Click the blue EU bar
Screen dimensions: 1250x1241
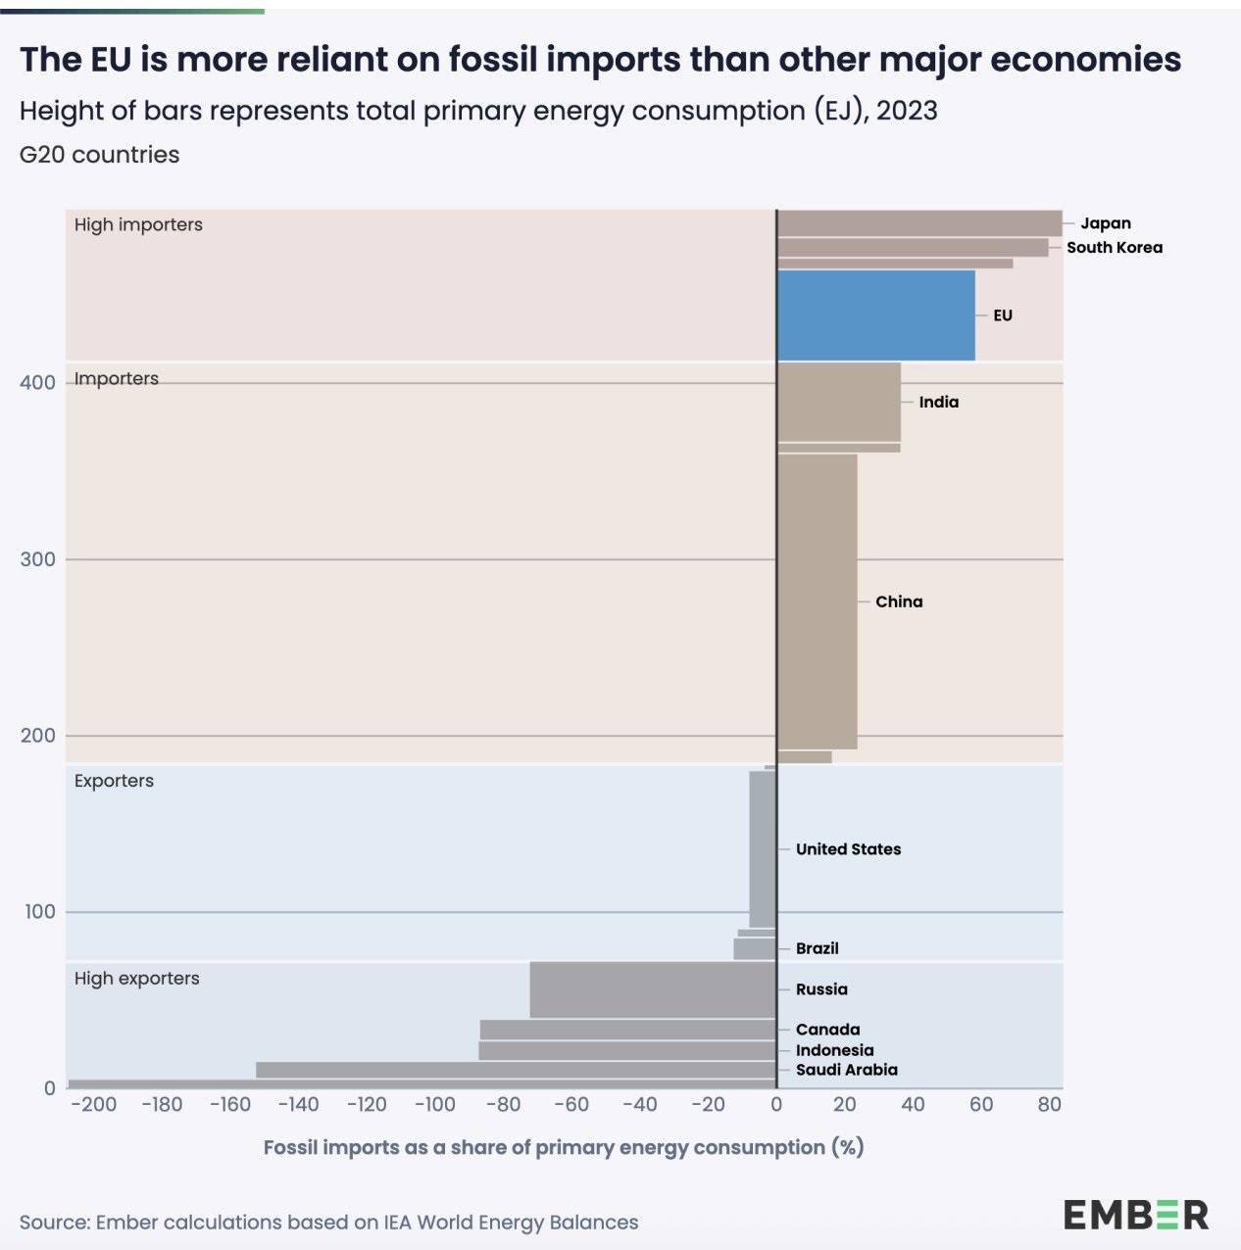click(875, 315)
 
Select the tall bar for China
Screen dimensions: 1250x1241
click(817, 601)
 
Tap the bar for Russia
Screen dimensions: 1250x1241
click(653, 989)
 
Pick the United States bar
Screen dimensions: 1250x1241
click(762, 848)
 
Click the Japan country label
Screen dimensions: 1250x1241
click(1106, 223)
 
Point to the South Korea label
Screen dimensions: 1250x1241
click(1115, 248)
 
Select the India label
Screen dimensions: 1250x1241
click(938, 402)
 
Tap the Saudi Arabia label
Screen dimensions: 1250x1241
click(846, 1070)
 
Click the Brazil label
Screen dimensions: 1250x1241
click(817, 948)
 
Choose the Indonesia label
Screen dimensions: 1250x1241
click(834, 1050)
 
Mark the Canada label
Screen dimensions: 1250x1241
click(827, 1030)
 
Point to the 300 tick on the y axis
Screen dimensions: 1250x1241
click(37, 559)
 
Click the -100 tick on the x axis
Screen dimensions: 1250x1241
click(433, 1105)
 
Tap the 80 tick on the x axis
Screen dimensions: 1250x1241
click(1049, 1105)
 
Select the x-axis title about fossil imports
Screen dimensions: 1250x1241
click(563, 1147)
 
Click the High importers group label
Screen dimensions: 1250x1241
click(138, 224)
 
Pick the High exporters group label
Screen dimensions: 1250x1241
click(136, 978)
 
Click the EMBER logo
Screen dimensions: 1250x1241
click(1135, 1216)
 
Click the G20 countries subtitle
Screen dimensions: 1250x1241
click(99, 155)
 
